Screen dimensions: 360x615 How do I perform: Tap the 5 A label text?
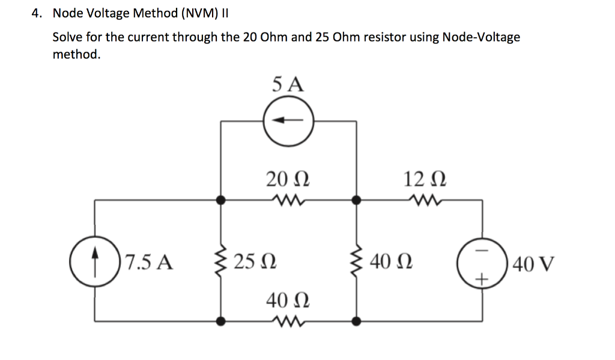point(288,84)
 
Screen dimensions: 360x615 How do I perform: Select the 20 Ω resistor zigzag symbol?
point(288,199)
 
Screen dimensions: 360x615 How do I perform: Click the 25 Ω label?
point(255,262)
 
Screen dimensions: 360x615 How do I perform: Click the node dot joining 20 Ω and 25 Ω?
point(220,200)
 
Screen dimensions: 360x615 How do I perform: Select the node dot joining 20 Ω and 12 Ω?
point(357,200)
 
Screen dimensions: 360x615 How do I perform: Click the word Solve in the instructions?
point(68,37)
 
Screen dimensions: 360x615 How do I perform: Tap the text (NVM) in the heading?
point(195,13)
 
